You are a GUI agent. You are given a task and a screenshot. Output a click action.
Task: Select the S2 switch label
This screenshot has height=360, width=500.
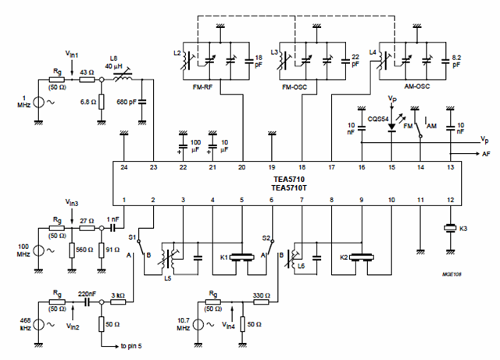[x=266, y=237]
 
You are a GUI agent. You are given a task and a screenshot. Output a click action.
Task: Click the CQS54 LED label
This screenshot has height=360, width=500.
[x=377, y=113]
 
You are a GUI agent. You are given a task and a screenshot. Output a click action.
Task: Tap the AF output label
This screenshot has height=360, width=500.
[x=486, y=155]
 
